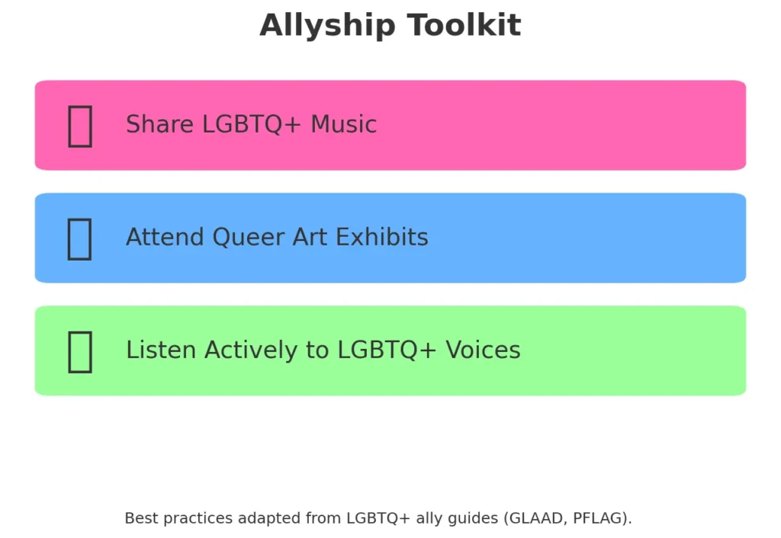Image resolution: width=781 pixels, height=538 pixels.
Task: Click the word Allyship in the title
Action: [327, 26]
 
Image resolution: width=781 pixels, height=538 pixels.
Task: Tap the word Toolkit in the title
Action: [464, 25]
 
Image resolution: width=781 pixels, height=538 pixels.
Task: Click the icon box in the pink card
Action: [80, 126]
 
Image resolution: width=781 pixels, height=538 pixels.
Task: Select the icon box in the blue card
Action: [79, 239]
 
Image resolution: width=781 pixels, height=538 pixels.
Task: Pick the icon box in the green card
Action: [80, 352]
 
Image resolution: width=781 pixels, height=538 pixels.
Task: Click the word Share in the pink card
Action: [159, 124]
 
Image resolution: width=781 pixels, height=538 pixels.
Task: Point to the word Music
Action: [343, 124]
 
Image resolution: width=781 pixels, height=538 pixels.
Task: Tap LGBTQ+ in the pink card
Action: [252, 124]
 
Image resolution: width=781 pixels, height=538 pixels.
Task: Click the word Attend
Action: [165, 237]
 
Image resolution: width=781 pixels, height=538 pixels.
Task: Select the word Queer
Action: [248, 238]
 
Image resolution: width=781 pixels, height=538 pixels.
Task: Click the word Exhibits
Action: [382, 237]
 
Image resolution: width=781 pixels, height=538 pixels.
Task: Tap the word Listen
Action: [161, 349]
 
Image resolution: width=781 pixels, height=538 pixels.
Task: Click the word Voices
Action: [483, 349]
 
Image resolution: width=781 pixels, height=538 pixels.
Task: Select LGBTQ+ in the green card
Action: [387, 350]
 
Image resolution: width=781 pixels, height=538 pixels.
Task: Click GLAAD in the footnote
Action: [536, 519]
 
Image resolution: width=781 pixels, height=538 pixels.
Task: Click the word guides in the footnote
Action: [473, 519]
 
